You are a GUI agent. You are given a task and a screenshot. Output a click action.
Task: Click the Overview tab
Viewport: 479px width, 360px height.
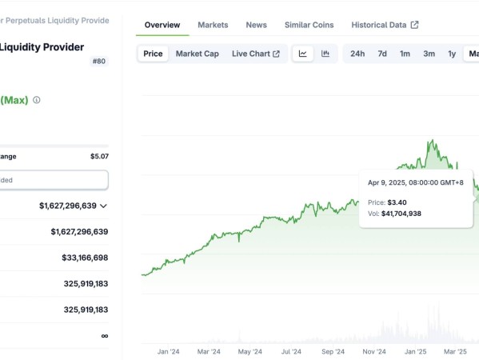(162, 25)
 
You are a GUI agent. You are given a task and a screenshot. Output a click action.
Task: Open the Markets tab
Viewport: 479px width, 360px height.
(213, 25)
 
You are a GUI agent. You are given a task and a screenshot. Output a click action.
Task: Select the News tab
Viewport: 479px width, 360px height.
(257, 25)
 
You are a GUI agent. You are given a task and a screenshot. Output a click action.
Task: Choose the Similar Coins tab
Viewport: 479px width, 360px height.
(309, 25)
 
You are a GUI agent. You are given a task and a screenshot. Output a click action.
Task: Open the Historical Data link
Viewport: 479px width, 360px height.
(385, 25)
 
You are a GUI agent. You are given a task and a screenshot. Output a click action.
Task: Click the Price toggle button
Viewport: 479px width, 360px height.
(153, 54)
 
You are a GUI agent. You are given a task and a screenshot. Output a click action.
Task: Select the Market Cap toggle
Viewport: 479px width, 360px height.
(198, 54)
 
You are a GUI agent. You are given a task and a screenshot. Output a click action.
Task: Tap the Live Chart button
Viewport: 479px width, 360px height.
(256, 54)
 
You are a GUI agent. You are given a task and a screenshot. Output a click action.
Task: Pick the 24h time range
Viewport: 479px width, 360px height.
(357, 54)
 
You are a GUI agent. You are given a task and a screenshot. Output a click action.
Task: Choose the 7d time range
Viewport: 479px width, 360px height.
(382, 54)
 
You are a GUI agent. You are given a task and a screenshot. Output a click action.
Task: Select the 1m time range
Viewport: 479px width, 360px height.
(405, 54)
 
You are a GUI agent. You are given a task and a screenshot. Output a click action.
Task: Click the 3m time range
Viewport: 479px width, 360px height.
(429, 54)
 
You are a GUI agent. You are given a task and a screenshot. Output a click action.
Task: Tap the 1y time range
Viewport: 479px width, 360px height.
(452, 54)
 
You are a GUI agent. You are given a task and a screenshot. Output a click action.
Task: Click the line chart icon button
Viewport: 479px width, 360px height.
(303, 54)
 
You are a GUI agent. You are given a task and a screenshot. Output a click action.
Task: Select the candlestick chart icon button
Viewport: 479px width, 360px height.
(325, 54)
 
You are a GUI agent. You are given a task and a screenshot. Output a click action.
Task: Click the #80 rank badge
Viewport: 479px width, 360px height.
(99, 61)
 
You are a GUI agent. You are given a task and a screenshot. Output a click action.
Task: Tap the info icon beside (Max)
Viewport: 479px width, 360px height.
(36, 100)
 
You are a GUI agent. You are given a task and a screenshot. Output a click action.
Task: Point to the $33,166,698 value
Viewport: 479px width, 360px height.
(85, 258)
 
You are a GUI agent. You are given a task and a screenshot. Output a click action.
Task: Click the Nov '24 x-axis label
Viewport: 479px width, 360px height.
(374, 352)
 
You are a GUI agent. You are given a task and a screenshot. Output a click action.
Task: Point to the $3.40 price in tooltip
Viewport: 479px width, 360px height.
(397, 202)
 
